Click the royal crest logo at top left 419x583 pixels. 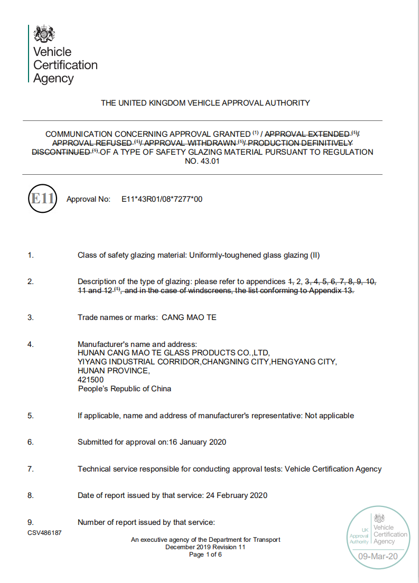[44, 35]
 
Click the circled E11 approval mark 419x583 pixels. [42, 199]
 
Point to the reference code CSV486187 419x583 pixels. [45, 533]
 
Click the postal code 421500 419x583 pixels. [90, 380]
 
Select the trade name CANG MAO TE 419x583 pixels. [189, 317]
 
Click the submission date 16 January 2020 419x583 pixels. [197, 442]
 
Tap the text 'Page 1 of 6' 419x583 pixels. [206, 554]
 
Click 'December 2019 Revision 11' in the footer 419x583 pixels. [206, 547]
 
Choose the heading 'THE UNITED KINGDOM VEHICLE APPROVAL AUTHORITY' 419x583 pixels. [206, 103]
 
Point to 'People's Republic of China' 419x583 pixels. [125, 389]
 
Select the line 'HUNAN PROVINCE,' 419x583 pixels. [114, 371]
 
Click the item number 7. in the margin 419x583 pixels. [31, 469]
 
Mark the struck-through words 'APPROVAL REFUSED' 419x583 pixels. [92, 143]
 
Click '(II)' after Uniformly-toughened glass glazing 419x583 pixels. [314, 255]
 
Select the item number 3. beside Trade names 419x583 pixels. [31, 317]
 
